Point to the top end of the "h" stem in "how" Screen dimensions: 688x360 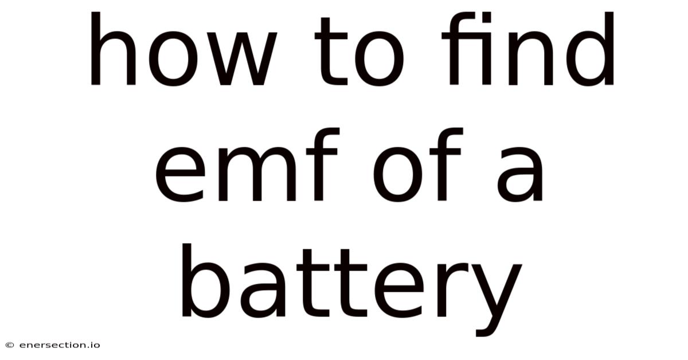point(96,12)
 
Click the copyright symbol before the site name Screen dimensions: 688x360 point(10,345)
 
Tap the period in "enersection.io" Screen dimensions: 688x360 point(87,347)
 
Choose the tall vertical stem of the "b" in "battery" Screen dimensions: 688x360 point(187,280)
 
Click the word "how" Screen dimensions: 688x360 point(184,49)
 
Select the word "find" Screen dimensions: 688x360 point(527,49)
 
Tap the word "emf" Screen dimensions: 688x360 point(247,165)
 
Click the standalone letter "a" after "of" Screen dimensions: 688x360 point(519,174)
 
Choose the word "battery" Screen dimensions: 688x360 point(352,290)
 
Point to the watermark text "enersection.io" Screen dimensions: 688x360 point(60,345)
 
